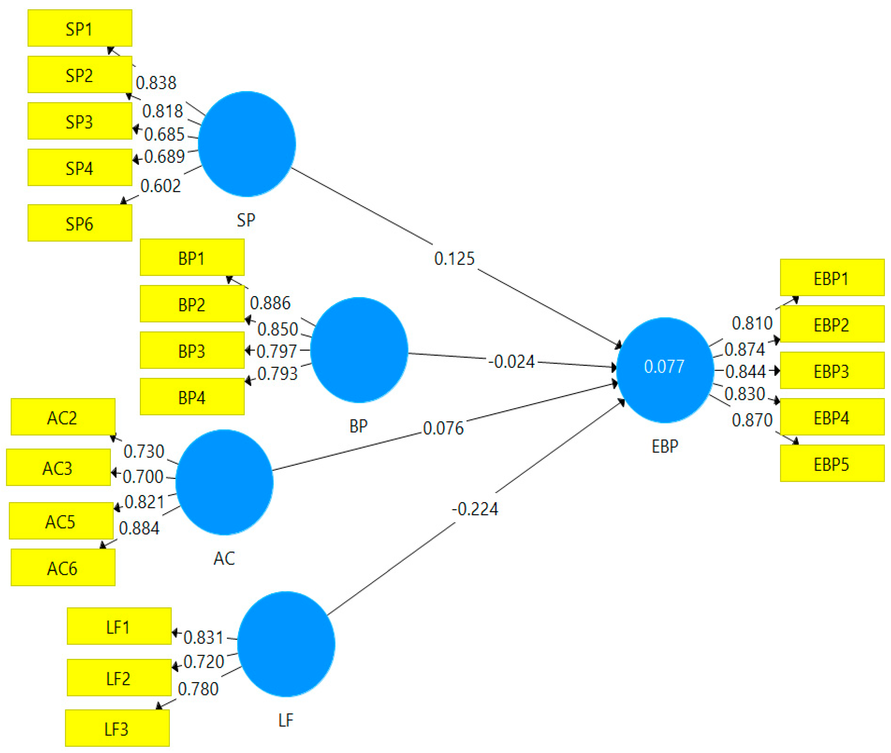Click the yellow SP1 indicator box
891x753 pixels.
point(80,28)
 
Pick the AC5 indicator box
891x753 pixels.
point(61,521)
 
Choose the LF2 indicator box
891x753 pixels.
point(119,678)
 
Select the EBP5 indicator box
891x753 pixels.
point(832,464)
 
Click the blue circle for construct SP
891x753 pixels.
point(247,144)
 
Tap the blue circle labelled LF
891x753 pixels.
point(286,644)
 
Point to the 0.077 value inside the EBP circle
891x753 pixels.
point(664,366)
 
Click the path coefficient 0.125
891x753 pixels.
point(454,258)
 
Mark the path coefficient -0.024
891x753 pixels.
point(512,362)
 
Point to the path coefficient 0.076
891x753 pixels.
point(443,428)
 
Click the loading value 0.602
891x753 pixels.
point(161,186)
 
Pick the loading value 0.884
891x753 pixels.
point(139,528)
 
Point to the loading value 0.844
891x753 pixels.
point(745,371)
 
